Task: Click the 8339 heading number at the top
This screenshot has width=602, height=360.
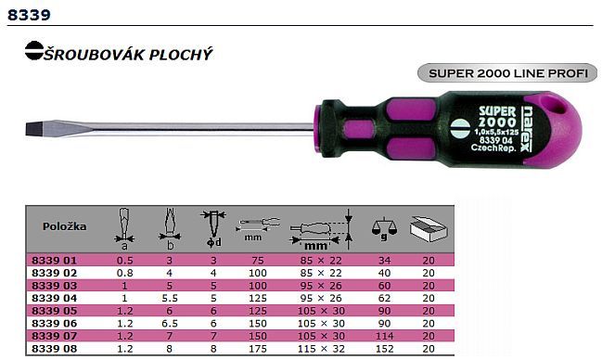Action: pos(29,15)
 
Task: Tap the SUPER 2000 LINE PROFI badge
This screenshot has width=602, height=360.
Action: pos(507,73)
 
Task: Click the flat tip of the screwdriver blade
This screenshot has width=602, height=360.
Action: pos(27,129)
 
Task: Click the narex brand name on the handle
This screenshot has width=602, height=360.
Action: pos(527,129)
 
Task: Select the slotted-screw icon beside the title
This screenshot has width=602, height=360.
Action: pos(34,50)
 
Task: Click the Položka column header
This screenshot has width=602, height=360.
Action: pos(65,226)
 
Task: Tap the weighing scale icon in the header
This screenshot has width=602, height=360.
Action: pos(384,229)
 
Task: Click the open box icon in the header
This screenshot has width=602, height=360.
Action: pos(429,229)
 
